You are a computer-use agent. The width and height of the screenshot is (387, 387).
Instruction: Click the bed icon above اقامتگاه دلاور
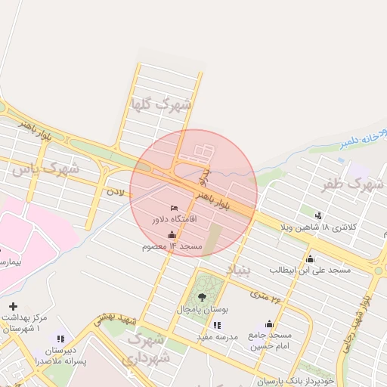click(175, 208)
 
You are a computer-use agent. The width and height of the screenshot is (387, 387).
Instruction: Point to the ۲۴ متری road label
click(277, 297)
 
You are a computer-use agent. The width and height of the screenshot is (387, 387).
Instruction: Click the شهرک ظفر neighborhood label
click(352, 184)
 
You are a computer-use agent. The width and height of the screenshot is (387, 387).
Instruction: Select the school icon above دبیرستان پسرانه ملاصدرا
click(61, 338)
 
